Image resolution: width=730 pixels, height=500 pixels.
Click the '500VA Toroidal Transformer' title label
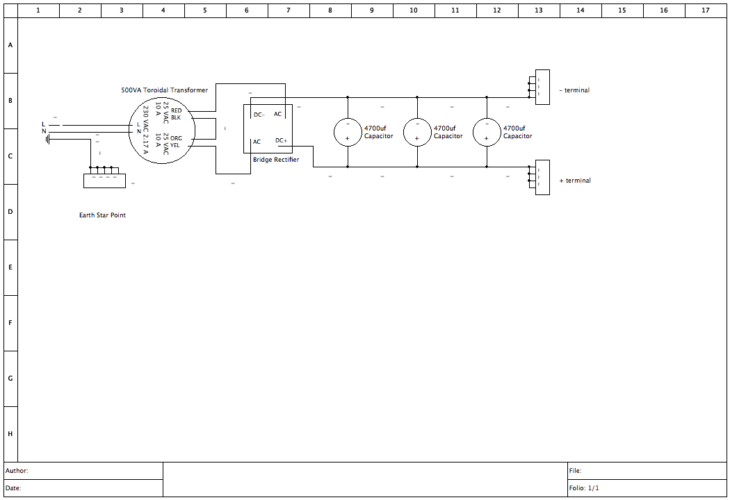[x=164, y=90]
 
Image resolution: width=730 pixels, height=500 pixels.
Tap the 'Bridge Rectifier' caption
[x=276, y=160]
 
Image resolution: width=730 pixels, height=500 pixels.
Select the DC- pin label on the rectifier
[x=259, y=115]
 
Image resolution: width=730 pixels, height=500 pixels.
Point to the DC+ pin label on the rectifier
[x=282, y=140]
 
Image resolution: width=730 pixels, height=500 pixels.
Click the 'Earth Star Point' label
[x=102, y=215]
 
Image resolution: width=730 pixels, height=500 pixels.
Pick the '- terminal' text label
[x=575, y=90]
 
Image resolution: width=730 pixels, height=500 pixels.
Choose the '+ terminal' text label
[x=575, y=181]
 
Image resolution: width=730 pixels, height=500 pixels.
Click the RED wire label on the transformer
[x=176, y=110]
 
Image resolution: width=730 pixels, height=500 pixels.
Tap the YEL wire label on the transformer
[x=175, y=145]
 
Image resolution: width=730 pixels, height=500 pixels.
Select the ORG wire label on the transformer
[x=176, y=138]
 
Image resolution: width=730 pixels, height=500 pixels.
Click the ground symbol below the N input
[x=48, y=139]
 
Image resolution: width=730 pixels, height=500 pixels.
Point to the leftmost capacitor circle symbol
[x=348, y=132]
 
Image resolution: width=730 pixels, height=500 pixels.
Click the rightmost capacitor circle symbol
[x=487, y=132]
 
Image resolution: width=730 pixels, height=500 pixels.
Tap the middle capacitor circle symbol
[x=417, y=132]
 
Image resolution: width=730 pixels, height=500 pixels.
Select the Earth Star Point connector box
[x=104, y=180]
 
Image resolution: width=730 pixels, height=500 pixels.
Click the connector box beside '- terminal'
[x=542, y=87]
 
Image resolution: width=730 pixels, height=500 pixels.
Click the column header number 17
[x=706, y=10]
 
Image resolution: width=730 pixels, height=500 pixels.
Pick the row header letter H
[x=10, y=434]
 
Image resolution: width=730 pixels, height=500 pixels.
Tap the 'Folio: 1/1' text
[x=583, y=488]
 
